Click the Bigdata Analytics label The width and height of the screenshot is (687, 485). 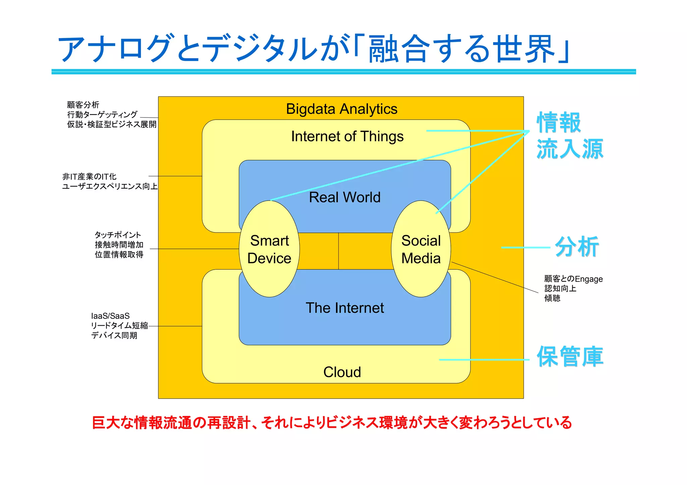tap(341, 109)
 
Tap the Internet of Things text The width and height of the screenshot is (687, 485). tap(347, 137)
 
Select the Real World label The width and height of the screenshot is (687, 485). tap(345, 197)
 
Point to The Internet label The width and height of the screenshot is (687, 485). tap(345, 308)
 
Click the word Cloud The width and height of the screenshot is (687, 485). tap(342, 372)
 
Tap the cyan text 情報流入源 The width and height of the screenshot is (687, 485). tap(570, 136)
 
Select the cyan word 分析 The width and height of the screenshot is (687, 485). tap(577, 247)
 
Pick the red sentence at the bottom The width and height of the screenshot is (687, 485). tap(331, 423)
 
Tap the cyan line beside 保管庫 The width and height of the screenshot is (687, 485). tap(484, 360)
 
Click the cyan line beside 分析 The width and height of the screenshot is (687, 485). tap(525, 248)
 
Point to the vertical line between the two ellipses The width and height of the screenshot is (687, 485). tap(338, 251)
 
